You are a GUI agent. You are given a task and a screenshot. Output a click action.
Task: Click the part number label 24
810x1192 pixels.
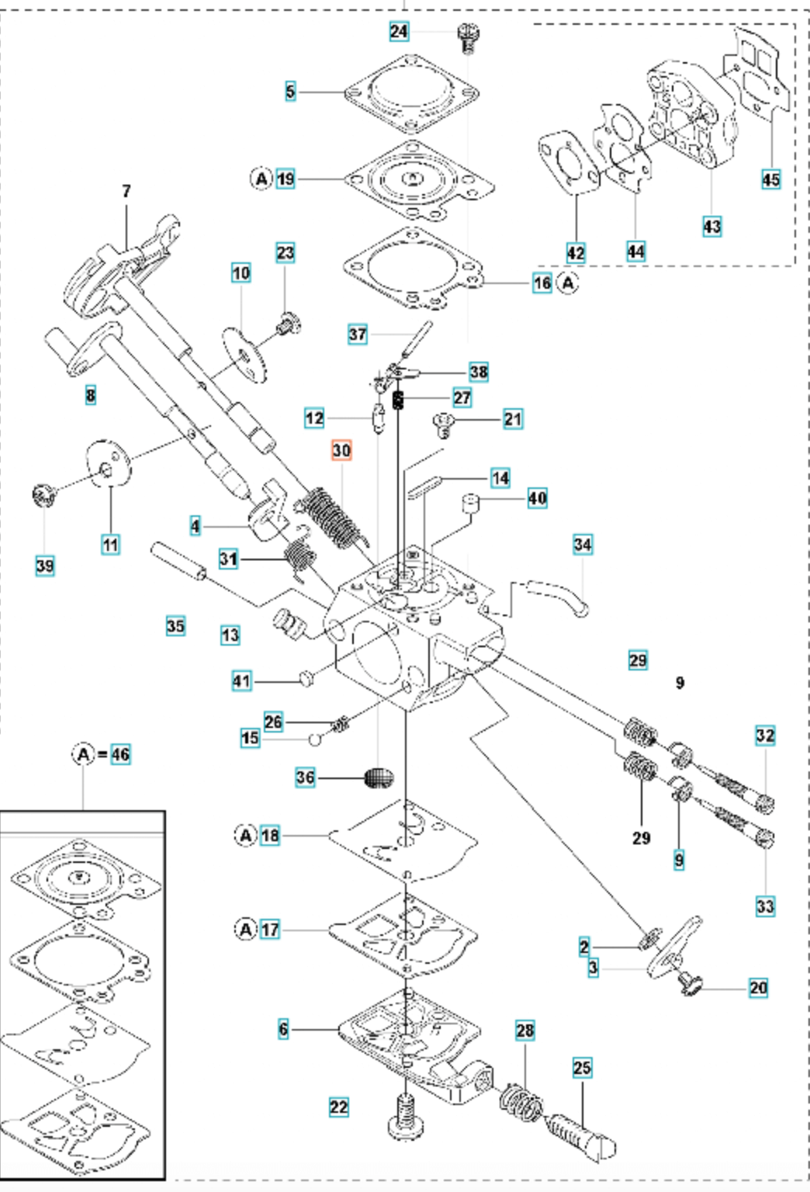click(398, 31)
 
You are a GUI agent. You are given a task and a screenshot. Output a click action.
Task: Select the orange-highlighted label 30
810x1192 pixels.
click(341, 450)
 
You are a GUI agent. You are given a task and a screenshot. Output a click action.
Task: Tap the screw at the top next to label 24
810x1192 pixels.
click(467, 37)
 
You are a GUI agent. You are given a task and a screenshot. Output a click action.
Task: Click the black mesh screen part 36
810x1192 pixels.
click(379, 778)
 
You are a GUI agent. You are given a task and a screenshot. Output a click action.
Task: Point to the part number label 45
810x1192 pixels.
click(770, 179)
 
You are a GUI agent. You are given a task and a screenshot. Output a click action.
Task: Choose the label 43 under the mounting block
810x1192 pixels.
click(711, 227)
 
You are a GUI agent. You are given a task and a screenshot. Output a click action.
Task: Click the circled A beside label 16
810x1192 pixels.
click(569, 283)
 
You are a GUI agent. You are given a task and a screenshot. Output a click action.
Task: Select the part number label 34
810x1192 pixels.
click(583, 545)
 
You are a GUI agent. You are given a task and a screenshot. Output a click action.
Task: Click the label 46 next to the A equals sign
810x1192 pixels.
click(120, 754)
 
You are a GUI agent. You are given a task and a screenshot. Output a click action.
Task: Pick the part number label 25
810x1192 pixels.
click(582, 1068)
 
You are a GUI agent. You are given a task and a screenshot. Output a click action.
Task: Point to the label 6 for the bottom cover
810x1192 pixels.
click(283, 1029)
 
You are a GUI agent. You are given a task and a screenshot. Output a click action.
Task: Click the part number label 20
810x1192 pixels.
click(758, 988)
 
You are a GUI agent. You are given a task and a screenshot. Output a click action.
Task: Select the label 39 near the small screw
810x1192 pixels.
click(45, 566)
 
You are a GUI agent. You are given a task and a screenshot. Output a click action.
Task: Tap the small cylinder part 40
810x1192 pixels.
click(469, 504)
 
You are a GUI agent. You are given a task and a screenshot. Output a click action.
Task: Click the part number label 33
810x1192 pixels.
click(765, 906)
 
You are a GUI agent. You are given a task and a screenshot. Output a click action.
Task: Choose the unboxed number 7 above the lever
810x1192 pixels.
click(126, 191)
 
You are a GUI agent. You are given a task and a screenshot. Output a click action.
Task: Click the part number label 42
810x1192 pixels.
click(575, 252)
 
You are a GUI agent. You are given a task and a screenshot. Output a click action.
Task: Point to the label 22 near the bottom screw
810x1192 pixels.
click(338, 1107)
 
